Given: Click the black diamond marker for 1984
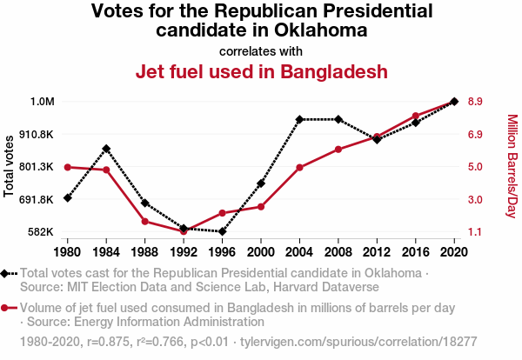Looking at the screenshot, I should [106, 149].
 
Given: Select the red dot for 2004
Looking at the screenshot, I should [299, 167].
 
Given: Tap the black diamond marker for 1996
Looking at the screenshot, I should [222, 232].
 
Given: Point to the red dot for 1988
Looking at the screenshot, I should [144, 221].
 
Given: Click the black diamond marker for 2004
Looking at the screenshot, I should [299, 119].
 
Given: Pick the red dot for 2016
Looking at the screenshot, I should [415, 116].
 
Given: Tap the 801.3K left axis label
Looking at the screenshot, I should [37, 167].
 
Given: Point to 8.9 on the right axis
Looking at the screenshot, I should [475, 102].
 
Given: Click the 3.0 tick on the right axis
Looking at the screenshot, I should [475, 199].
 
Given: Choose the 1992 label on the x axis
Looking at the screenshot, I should [184, 252].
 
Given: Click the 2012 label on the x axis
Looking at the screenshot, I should [377, 252].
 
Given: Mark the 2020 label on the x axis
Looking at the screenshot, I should [453, 252].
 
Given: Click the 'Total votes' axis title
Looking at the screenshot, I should [10, 166].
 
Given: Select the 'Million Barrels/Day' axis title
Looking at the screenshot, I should [512, 166].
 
